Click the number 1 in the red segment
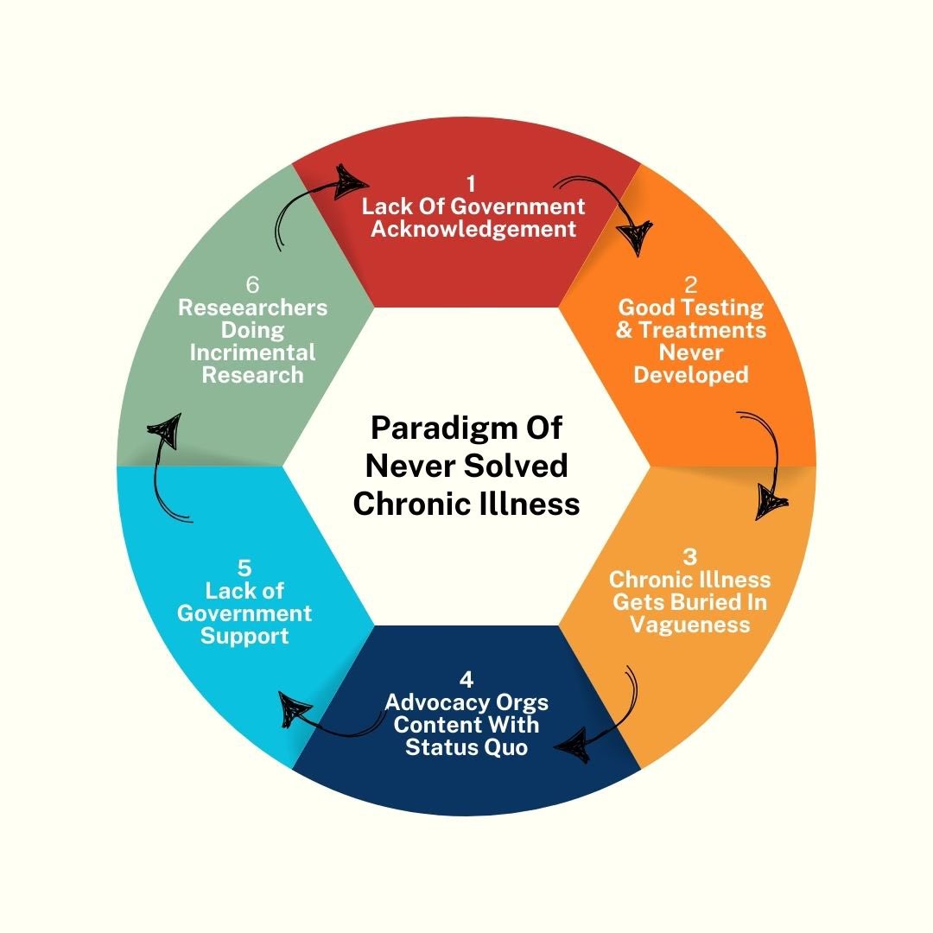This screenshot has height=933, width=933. tap(471, 184)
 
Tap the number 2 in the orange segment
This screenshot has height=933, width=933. tap(690, 285)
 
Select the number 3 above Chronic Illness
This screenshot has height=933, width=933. tap(689, 556)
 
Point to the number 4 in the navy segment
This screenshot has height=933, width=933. tap(466, 679)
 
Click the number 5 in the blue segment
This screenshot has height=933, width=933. tap(244, 568)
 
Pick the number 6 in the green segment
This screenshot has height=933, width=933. tap(252, 285)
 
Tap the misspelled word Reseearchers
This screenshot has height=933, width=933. tap(253, 308)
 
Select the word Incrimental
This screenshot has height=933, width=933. tap(253, 352)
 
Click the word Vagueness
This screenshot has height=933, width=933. tap(690, 624)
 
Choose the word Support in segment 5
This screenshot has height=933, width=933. tap(244, 636)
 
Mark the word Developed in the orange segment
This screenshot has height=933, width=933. tap(691, 375)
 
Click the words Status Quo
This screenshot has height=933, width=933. tap(466, 746)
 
